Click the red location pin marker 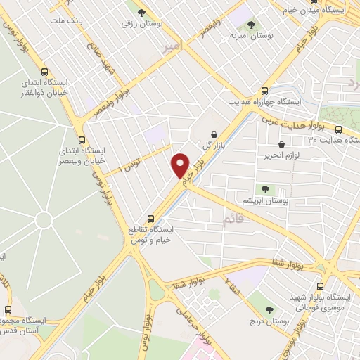click(181, 165)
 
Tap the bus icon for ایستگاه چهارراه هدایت click(265, 91)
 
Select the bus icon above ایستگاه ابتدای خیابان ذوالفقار click(46, 72)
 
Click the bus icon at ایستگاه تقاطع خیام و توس click(150, 218)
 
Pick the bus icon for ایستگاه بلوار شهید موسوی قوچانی click(321, 286)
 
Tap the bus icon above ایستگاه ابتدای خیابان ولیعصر click(82, 139)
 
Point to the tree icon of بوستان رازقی click(142, 13)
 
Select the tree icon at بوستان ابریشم click(264, 188)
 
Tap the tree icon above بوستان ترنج click(269, 309)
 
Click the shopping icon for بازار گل click(214, 134)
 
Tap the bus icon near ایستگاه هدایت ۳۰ click(338, 129)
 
